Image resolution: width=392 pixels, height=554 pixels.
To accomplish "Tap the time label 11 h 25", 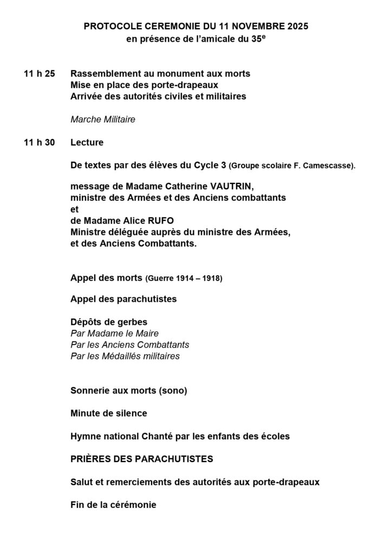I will pos(40,74).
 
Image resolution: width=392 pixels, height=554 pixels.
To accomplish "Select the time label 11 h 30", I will pos(40,143).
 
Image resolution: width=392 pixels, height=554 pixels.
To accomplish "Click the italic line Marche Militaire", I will pos(103,120).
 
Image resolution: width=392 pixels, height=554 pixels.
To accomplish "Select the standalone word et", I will pos(74,209).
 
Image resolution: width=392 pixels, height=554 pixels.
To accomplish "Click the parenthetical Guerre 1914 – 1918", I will pos(184,279).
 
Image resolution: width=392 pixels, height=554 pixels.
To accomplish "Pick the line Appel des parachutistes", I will pos(123,299).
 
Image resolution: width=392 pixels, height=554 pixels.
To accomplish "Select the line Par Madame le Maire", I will pos(114,333).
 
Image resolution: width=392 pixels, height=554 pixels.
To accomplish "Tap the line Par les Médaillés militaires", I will pos(125,356).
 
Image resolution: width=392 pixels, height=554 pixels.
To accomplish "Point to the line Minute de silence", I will pos(109,413).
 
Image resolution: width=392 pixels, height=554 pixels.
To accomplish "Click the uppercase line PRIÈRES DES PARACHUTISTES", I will pos(142,459).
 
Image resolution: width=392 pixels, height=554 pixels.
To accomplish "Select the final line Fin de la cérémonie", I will pos(113,505).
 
